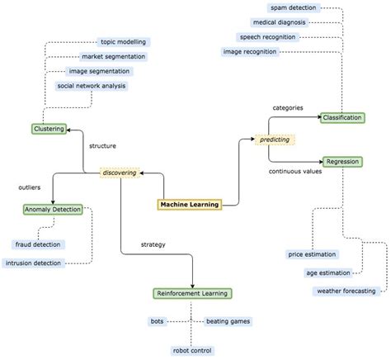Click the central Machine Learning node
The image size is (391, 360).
[x=190, y=205]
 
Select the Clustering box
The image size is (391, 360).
[x=49, y=129]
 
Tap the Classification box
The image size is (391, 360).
[x=342, y=118]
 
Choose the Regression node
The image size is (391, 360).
[x=342, y=162]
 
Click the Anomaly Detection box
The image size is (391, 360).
[x=53, y=210]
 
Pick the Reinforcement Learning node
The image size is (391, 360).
[x=193, y=293]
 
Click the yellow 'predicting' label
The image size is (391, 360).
[x=275, y=140]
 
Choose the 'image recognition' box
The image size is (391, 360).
[x=250, y=52]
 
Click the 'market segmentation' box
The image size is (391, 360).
[x=114, y=57]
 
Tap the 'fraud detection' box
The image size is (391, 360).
[x=39, y=244]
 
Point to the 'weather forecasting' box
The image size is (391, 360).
[x=346, y=291]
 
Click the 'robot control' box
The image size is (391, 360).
[x=192, y=350]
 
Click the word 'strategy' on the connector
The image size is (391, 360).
[x=152, y=244]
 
